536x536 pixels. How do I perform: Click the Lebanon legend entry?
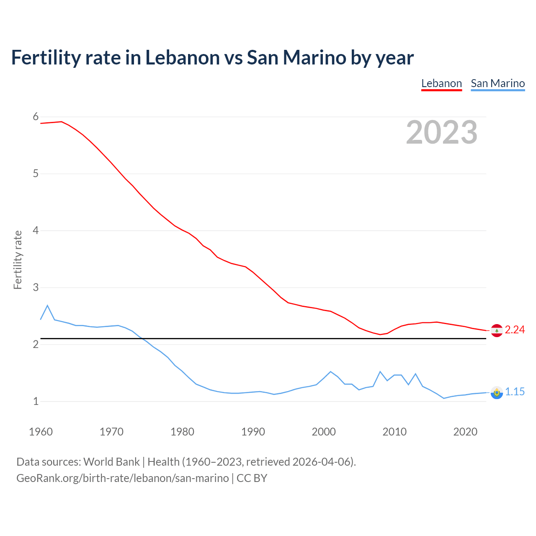(x=441, y=83)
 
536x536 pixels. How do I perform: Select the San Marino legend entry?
(x=497, y=83)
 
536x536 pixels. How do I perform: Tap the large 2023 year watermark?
(x=441, y=132)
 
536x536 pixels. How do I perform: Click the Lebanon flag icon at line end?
(x=497, y=330)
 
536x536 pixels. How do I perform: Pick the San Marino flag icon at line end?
(x=497, y=392)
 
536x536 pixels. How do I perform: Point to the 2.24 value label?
(x=515, y=330)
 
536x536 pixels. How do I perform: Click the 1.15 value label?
(x=515, y=392)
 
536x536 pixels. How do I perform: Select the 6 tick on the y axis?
(x=36, y=117)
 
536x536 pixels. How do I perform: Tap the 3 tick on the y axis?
(x=36, y=288)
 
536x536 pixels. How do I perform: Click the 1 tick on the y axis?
(x=36, y=402)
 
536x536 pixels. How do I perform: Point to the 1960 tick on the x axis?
(x=41, y=432)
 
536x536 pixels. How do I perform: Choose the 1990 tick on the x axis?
(x=253, y=432)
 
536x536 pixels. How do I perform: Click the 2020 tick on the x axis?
(x=465, y=432)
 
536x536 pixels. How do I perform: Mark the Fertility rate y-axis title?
(x=18, y=260)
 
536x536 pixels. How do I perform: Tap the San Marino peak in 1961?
(x=47, y=306)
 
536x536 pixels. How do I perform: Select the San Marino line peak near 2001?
(x=331, y=372)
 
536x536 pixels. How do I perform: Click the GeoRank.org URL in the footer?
(x=122, y=478)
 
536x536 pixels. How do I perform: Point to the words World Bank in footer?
(x=111, y=462)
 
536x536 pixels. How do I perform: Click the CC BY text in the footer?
(x=252, y=478)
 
